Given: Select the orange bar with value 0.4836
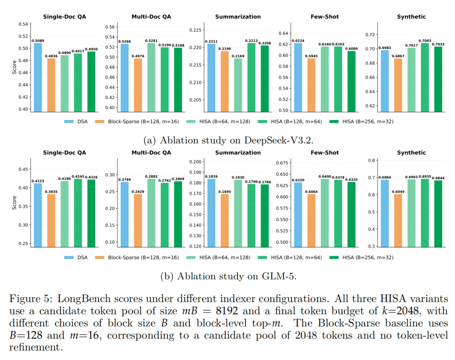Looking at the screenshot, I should tap(51, 85).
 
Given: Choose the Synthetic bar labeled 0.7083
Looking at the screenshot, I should tap(424, 77).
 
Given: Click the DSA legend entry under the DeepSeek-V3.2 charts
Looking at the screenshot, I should tap(78, 121).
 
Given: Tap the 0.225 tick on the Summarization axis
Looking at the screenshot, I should tap(195, 30).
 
